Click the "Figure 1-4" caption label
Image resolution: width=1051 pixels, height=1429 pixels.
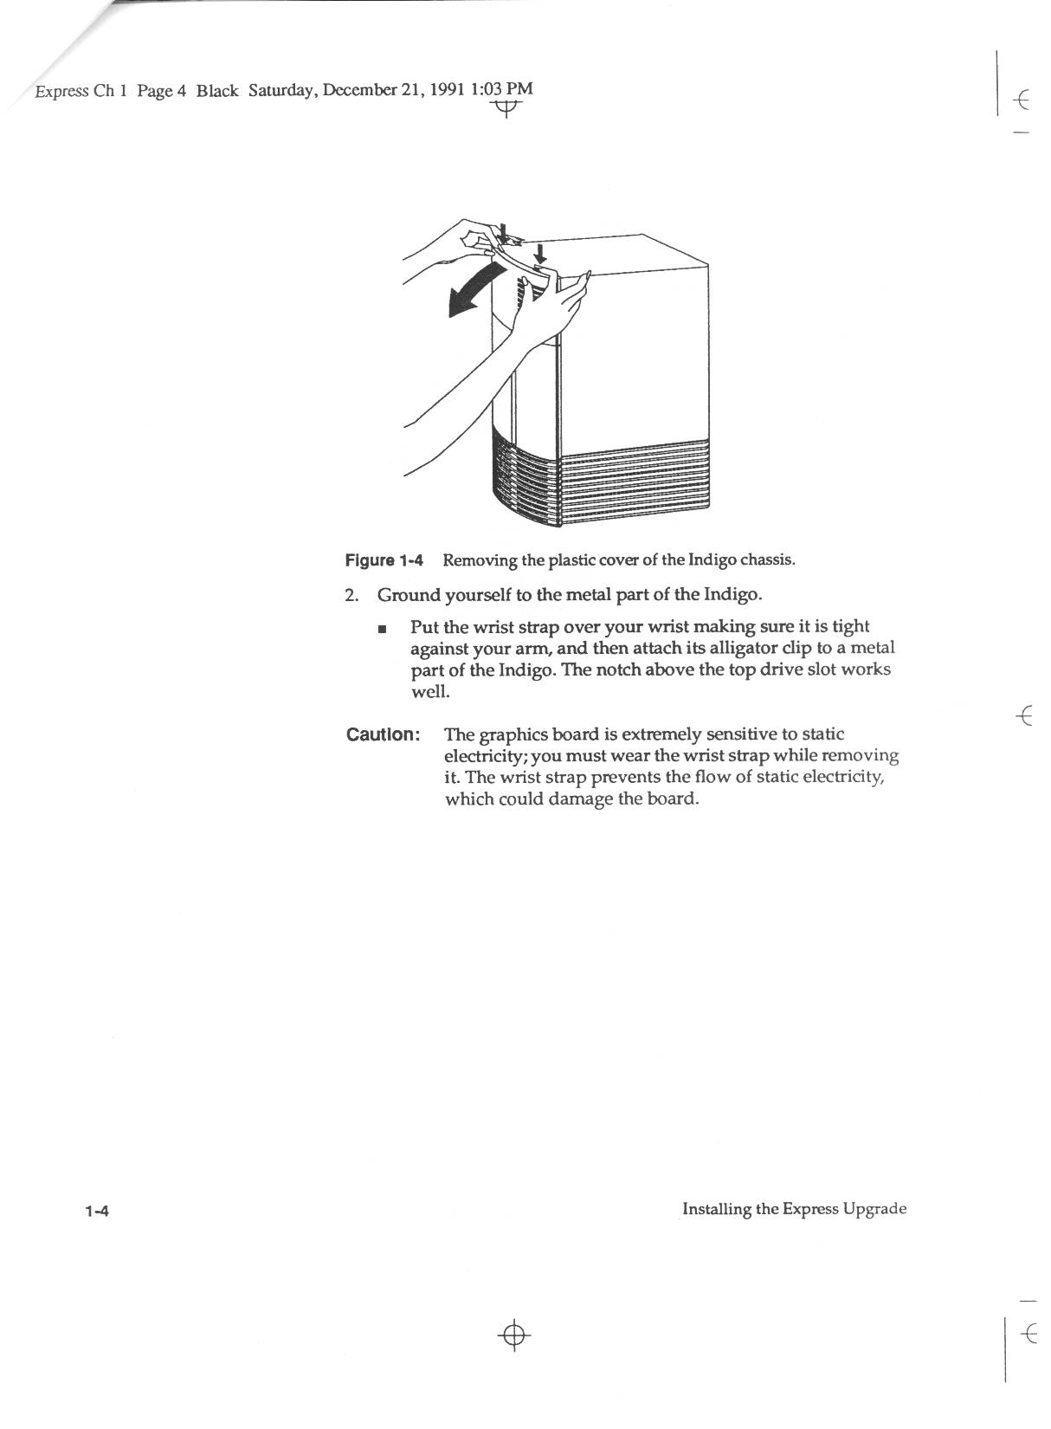(384, 560)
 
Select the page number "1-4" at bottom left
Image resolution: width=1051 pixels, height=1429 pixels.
(95, 1211)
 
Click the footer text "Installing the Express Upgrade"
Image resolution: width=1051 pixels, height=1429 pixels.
(794, 1209)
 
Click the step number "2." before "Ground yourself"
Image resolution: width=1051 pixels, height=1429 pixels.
(351, 596)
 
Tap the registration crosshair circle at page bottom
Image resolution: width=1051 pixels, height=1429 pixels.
(514, 1335)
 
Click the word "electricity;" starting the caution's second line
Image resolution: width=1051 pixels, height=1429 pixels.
(485, 756)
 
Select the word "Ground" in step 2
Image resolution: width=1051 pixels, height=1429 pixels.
(408, 596)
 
